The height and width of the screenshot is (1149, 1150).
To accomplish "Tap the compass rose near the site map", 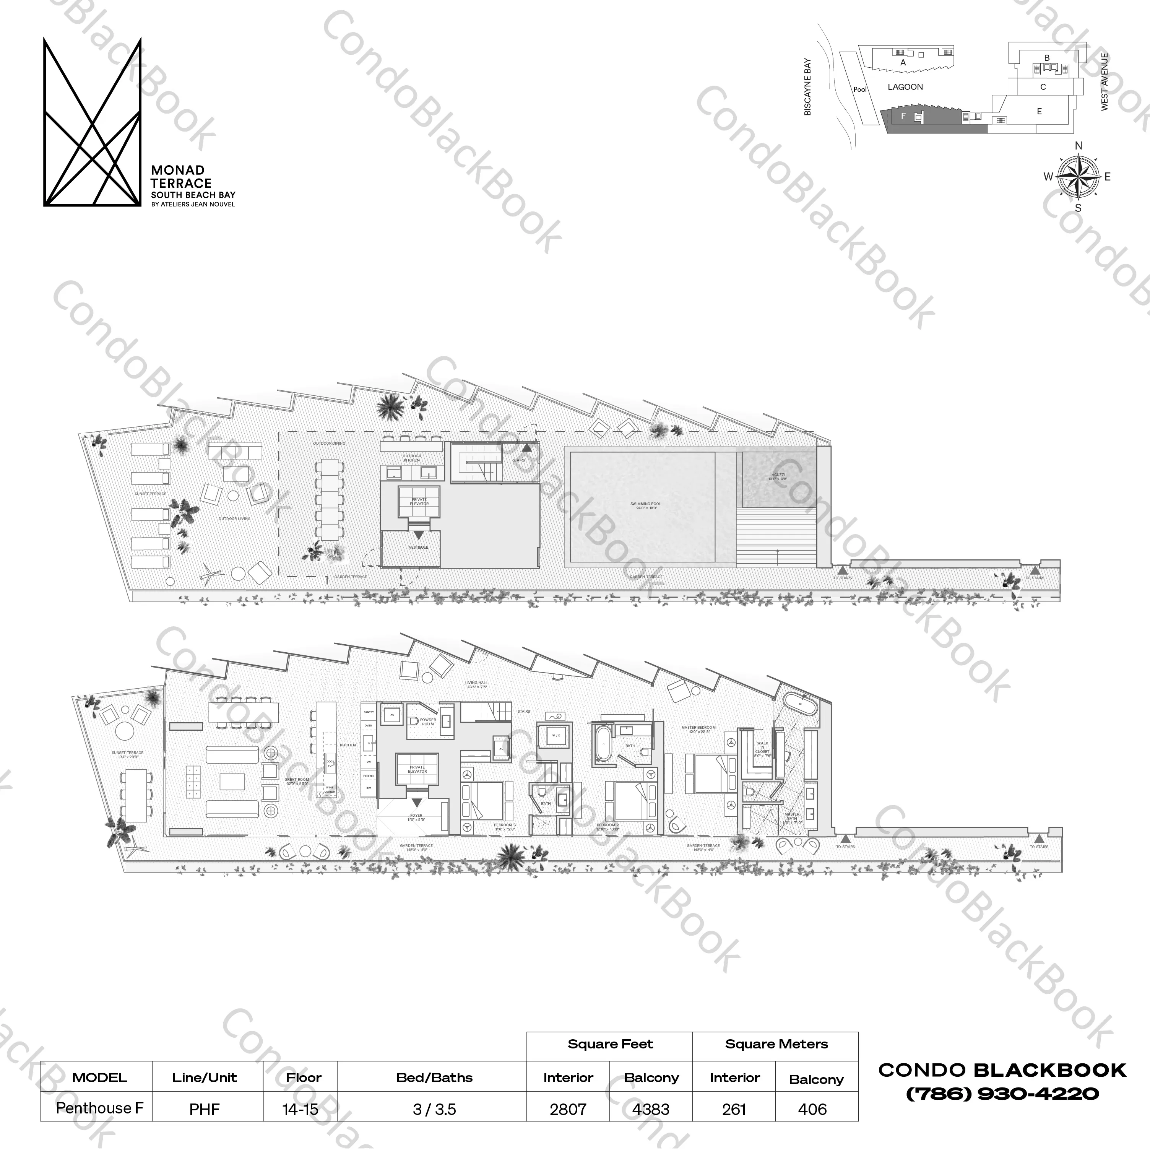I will click(1078, 177).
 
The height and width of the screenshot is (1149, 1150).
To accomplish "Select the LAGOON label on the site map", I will click(905, 87).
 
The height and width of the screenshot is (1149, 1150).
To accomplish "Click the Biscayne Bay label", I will click(808, 87).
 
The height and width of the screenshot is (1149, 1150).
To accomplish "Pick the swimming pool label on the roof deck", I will click(646, 506).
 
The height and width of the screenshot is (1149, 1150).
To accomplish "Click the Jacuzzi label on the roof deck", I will click(777, 477).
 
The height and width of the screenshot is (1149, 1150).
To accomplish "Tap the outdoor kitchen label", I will click(412, 458).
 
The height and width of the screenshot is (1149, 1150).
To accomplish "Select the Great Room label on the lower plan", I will click(296, 782).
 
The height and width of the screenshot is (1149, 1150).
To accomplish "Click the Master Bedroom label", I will click(699, 729).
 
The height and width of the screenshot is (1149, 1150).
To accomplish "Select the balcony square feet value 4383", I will click(651, 1109).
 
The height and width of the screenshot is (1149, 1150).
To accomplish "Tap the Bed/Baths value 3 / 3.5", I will click(435, 1109).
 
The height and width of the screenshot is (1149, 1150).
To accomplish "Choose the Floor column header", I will click(304, 1077).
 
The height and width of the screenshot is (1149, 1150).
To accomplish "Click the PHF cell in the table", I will click(204, 1109).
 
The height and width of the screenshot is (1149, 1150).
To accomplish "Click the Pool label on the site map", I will click(860, 90).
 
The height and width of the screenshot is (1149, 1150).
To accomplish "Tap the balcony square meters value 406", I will click(812, 1109).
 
